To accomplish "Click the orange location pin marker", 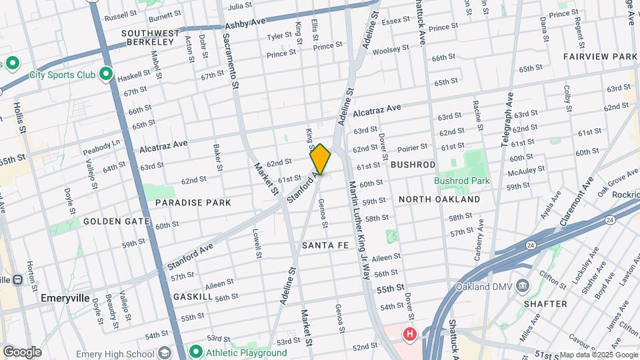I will point(320,160).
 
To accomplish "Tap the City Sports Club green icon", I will point(106,74).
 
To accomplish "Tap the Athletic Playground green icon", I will point(196,351).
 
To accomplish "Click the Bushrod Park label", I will point(461,181).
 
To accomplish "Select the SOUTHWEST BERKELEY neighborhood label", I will point(151,37).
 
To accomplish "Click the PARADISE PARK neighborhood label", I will point(193,202).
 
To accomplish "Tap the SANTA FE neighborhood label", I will point(325,245).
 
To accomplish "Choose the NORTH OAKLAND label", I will point(439,199).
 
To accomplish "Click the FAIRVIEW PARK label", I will point(600,57).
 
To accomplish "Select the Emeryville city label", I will point(65,298).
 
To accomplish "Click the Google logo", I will point(22,352).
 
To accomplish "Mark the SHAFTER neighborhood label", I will point(546,304).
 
